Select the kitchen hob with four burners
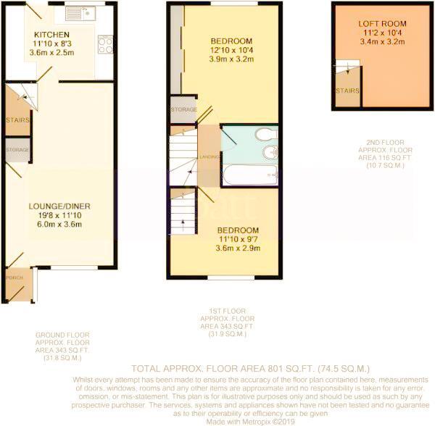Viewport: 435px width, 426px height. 104,45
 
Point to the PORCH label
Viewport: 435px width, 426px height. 14,277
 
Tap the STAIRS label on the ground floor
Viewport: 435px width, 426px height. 16,120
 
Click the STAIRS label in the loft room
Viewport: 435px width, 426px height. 346,91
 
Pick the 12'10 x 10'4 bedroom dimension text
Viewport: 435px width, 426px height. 231,49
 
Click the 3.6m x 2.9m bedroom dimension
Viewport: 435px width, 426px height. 237,248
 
